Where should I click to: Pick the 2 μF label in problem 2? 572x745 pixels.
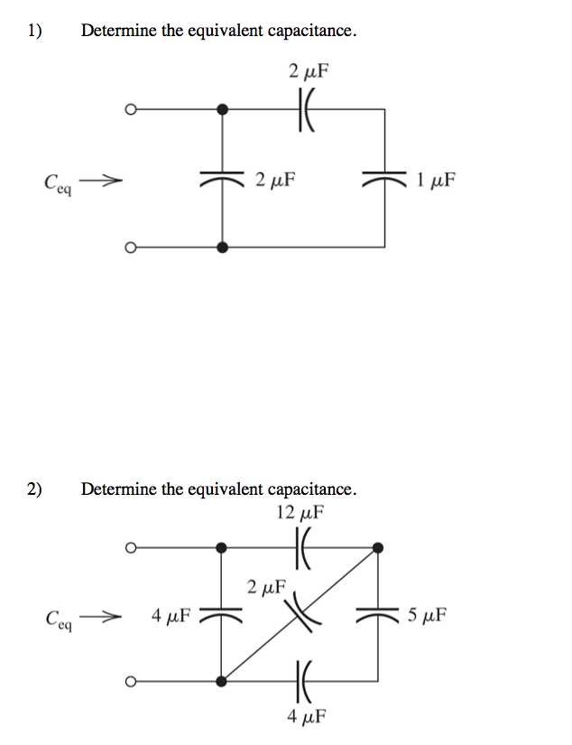pyautogui.click(x=265, y=588)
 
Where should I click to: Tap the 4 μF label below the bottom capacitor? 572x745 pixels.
pyautogui.click(x=305, y=716)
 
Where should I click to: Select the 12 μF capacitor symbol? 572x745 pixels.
pyautogui.click(x=303, y=547)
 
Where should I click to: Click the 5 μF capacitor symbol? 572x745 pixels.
pyautogui.click(x=378, y=616)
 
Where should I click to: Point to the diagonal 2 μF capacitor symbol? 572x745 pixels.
pyautogui.click(x=300, y=614)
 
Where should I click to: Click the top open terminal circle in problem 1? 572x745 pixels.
pyautogui.click(x=131, y=110)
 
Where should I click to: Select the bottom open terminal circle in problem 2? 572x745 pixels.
pyautogui.click(x=131, y=682)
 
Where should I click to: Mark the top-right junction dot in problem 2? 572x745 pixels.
pyautogui.click(x=378, y=547)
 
